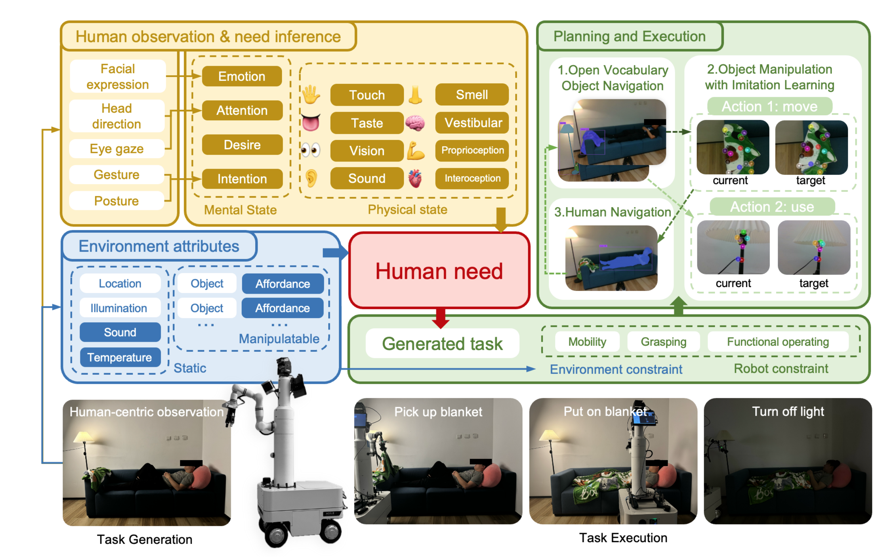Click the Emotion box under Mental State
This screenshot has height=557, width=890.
242,76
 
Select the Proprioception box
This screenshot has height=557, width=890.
472,150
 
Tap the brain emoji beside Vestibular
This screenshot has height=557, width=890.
415,123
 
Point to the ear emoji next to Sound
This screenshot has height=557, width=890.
311,178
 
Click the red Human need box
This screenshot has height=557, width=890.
439,271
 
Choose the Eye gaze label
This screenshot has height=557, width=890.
116,149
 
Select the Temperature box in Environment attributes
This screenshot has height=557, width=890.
120,357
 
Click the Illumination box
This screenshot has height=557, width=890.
119,308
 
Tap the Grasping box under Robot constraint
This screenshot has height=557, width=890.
663,342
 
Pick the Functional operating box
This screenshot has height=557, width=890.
777,342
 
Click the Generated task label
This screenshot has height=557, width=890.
442,344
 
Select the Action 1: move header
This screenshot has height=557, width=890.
769,106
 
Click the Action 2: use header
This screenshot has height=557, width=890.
772,207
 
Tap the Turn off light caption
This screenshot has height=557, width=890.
787,411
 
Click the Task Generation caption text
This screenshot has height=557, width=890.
145,539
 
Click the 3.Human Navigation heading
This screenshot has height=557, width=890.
612,212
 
